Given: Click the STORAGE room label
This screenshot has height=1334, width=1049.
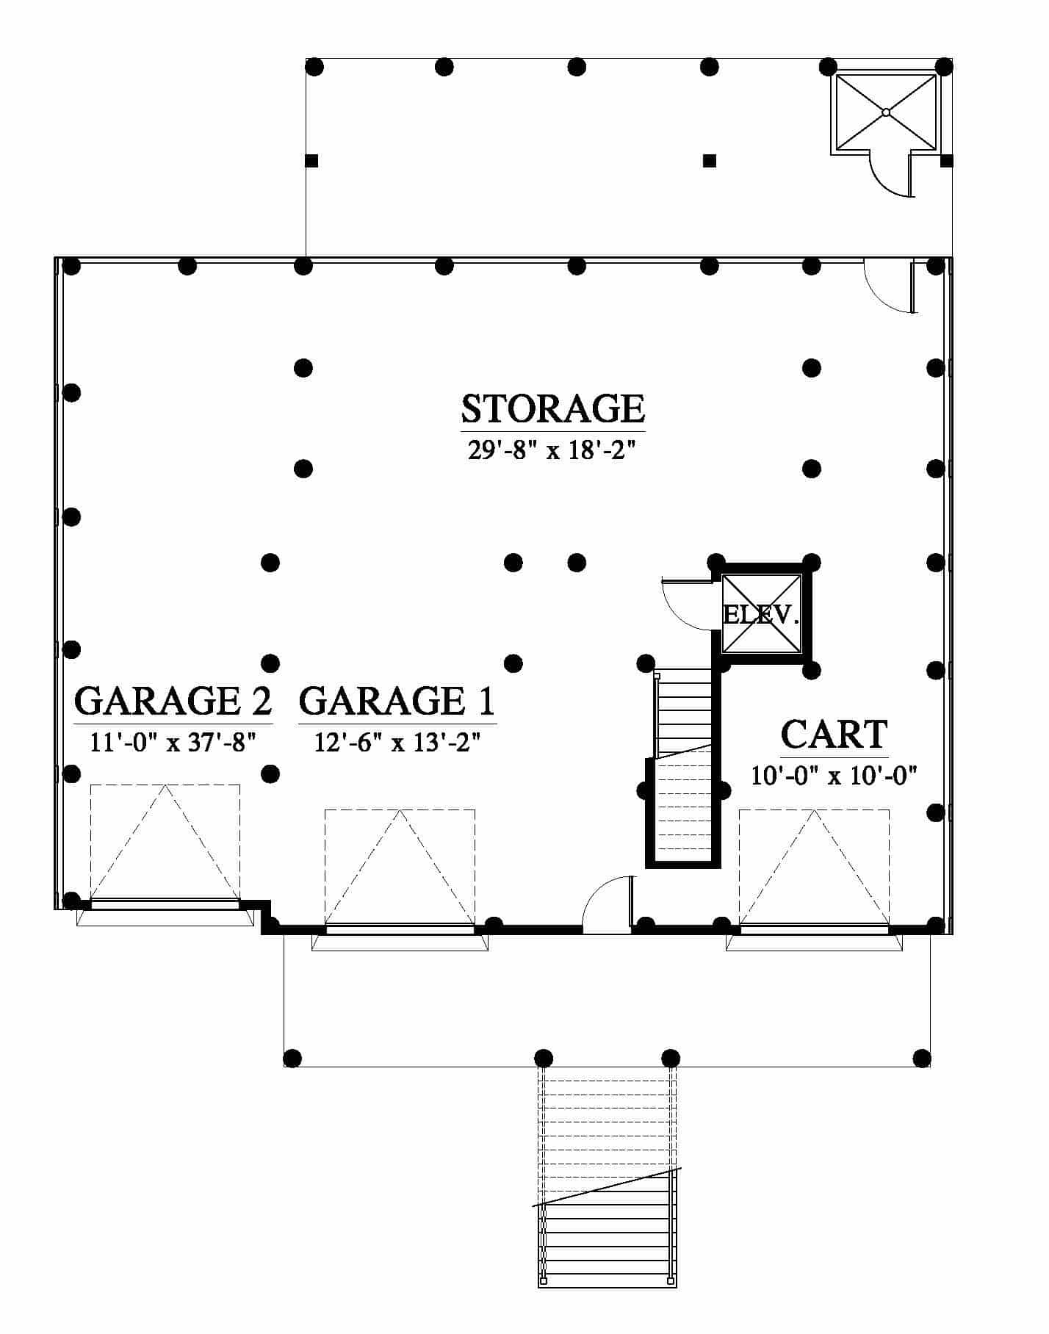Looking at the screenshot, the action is tap(552, 408).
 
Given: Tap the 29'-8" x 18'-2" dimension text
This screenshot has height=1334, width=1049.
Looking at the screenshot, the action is tap(551, 450).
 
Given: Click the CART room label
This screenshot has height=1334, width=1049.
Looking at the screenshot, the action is tap(834, 734).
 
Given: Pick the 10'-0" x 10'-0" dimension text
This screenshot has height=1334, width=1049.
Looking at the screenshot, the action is tap(834, 775).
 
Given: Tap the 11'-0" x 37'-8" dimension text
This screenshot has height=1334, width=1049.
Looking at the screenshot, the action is tap(173, 742).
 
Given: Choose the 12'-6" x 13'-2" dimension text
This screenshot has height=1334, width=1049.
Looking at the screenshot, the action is tap(397, 742).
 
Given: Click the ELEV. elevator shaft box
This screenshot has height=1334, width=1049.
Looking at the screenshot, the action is tap(761, 614).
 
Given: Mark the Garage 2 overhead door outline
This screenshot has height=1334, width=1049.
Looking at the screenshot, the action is tap(165, 842).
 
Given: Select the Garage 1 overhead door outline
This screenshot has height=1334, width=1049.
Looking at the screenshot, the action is tap(400, 867).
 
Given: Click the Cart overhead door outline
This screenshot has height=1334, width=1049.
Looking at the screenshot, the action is tap(814, 867).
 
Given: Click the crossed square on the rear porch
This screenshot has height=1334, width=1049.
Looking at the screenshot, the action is tap(886, 112).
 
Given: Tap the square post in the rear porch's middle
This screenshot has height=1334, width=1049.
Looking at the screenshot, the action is tap(709, 160).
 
